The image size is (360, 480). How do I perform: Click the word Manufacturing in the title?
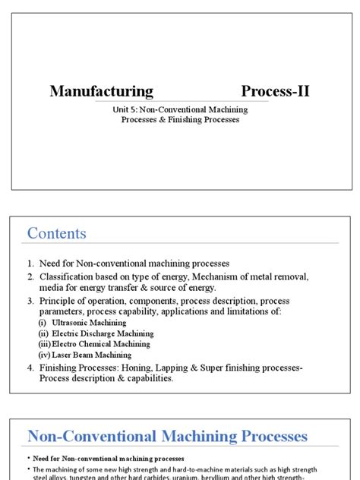click(x=101, y=92)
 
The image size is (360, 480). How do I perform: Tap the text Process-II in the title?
click(x=275, y=92)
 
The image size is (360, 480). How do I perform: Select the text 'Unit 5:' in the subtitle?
click(x=124, y=110)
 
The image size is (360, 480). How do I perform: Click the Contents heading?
click(x=57, y=233)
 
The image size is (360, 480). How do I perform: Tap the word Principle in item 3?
click(x=60, y=302)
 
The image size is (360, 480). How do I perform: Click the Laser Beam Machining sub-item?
click(x=91, y=355)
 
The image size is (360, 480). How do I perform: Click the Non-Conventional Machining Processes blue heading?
click(x=167, y=436)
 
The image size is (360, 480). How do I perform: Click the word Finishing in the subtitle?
click(x=171, y=120)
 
